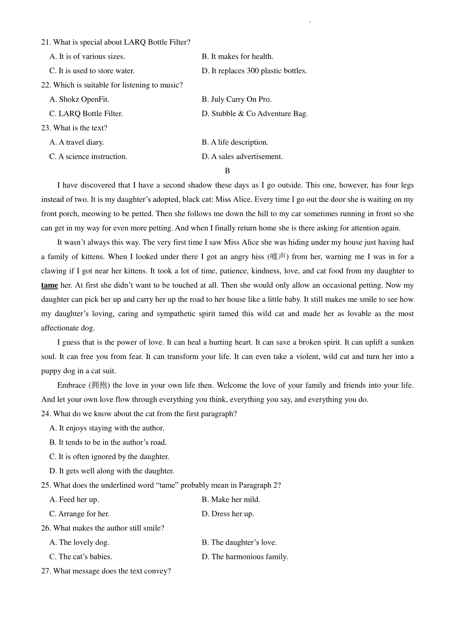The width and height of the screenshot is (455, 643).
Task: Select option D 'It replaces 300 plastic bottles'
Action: [x=254, y=71]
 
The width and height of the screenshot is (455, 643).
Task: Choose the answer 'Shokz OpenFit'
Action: [x=79, y=100]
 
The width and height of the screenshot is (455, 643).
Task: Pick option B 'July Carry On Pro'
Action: [x=237, y=100]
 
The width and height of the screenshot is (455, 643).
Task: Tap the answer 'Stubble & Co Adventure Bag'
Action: [x=254, y=114]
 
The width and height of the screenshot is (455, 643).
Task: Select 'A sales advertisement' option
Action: [x=242, y=157]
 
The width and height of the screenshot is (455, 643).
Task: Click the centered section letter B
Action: [x=227, y=171]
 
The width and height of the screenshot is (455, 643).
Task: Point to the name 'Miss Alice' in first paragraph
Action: [x=233, y=200]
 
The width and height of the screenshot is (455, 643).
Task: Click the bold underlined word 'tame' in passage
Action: [x=49, y=286]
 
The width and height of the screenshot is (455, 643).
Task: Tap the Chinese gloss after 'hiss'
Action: [x=278, y=257]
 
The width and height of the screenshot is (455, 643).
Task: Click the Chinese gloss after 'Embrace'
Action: [x=99, y=385]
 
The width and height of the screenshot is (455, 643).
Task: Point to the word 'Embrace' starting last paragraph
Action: [x=71, y=385]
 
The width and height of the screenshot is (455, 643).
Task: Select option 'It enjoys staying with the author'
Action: [x=107, y=428]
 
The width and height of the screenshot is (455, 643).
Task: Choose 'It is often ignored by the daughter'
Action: [x=109, y=457]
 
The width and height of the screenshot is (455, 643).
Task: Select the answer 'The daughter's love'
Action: [x=239, y=543]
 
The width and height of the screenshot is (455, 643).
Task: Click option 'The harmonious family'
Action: [x=245, y=557]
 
